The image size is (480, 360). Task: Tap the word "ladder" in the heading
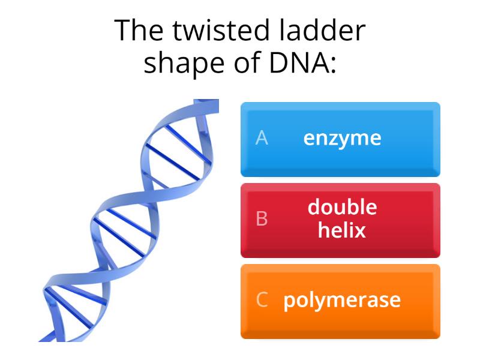point(324,31)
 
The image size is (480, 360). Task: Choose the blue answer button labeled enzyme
point(340,139)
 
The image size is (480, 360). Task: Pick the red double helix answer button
point(340,220)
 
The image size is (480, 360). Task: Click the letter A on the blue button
point(262,139)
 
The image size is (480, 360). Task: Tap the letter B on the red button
point(262,220)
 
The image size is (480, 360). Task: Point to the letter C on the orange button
point(262,300)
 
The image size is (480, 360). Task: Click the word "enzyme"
point(342,139)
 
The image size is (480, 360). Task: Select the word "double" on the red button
point(342,208)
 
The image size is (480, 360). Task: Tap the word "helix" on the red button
point(342,230)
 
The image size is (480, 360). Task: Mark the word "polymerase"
point(342,300)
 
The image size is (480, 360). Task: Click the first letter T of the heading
point(123,31)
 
